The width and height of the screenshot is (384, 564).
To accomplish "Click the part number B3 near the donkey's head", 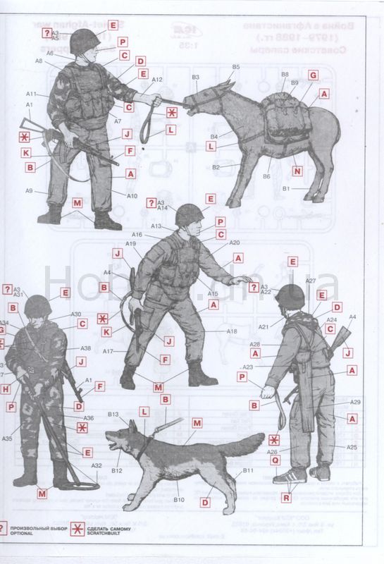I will tap(195, 77).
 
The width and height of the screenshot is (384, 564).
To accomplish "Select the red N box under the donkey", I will tap(297, 171).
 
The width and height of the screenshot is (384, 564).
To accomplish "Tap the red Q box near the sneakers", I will tap(275, 460).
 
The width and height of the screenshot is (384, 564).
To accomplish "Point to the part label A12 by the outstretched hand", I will tap(157, 80).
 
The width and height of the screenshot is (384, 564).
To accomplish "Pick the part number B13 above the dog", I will tap(113, 415).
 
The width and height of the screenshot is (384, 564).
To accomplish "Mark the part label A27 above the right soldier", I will tap(310, 281).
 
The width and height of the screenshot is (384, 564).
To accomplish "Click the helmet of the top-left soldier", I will tap(85, 41).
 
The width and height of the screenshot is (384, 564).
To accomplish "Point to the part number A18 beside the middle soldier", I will tap(231, 331).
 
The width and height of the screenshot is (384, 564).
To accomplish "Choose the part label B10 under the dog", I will tap(179, 500).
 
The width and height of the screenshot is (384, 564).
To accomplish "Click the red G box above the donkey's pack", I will tap(313, 75).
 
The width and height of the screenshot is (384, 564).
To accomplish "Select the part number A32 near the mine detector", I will tap(97, 465).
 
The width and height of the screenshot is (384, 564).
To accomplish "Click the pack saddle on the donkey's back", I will tap(285, 116).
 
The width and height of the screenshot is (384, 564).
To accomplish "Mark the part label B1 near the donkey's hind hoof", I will tap(286, 189).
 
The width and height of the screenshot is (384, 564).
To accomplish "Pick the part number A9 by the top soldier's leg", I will tap(30, 190).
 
